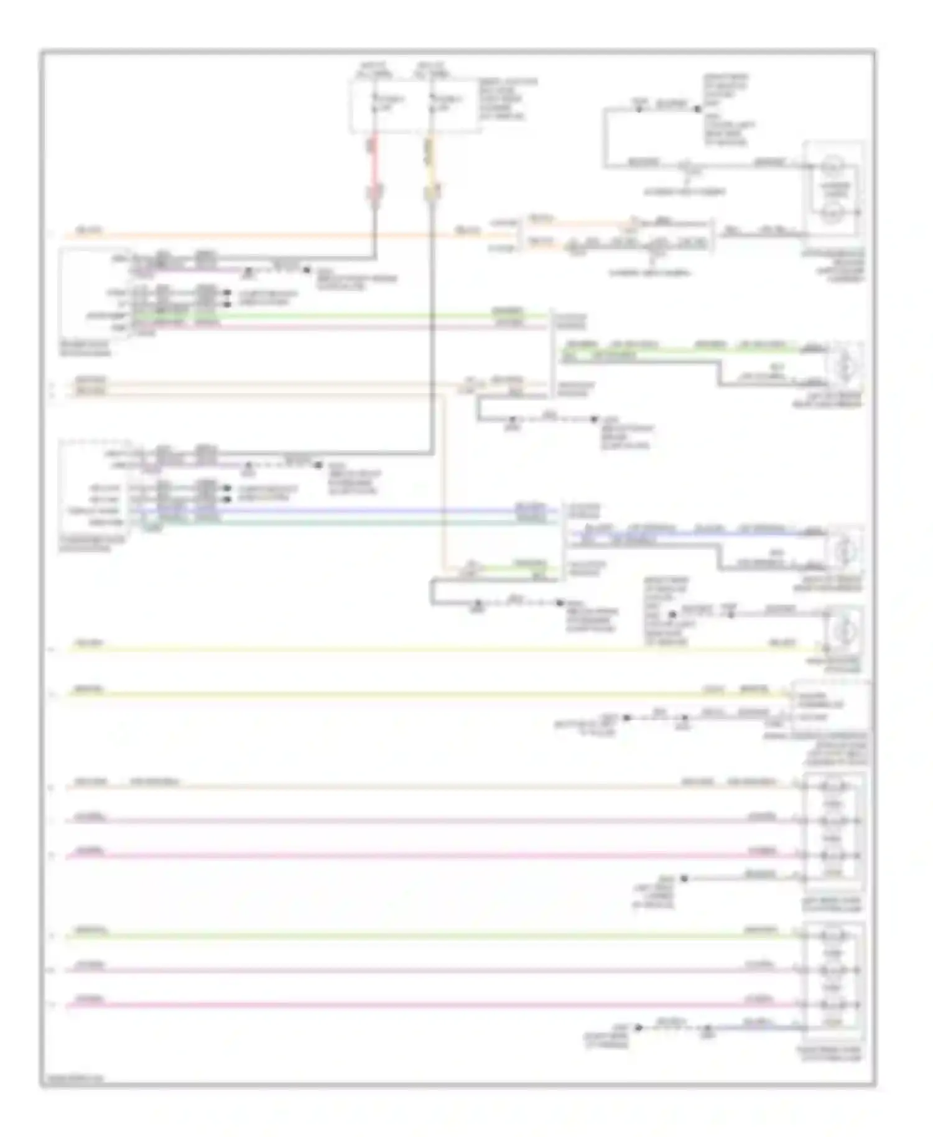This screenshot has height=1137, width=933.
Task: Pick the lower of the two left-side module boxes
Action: click(x=93, y=491)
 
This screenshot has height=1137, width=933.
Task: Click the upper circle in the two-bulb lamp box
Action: click(x=832, y=168)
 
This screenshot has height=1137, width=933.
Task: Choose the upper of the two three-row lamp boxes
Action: click(x=833, y=830)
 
